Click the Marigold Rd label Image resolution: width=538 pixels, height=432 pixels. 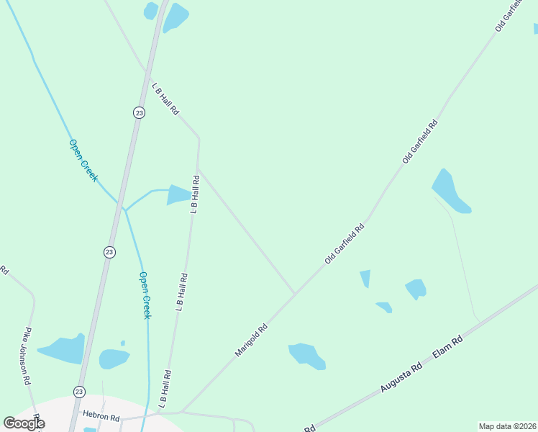[x=251, y=339]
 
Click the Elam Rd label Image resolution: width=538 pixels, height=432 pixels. [x=447, y=348]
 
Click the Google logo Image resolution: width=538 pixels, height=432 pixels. [x=24, y=423]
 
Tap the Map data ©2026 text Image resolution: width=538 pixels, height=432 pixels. [x=508, y=426]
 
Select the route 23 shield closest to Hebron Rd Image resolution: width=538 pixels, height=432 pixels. [x=79, y=392]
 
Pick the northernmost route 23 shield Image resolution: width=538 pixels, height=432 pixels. [x=139, y=112]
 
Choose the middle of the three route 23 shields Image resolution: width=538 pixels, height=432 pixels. [x=109, y=251]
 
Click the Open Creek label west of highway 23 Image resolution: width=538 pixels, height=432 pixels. [x=83, y=160]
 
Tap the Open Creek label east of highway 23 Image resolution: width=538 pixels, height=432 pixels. [x=145, y=295]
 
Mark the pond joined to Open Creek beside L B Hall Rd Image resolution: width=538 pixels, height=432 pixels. [x=179, y=194]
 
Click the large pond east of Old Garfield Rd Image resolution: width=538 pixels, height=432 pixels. [x=450, y=192]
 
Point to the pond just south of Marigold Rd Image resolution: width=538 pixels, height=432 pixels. [x=306, y=355]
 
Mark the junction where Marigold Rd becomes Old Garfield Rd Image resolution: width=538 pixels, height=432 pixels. [x=294, y=294]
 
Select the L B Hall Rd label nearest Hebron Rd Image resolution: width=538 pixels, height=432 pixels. [x=165, y=389]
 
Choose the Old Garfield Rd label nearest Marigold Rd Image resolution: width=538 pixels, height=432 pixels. [x=345, y=243]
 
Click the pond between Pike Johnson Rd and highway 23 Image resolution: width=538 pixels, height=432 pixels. [x=63, y=350]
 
